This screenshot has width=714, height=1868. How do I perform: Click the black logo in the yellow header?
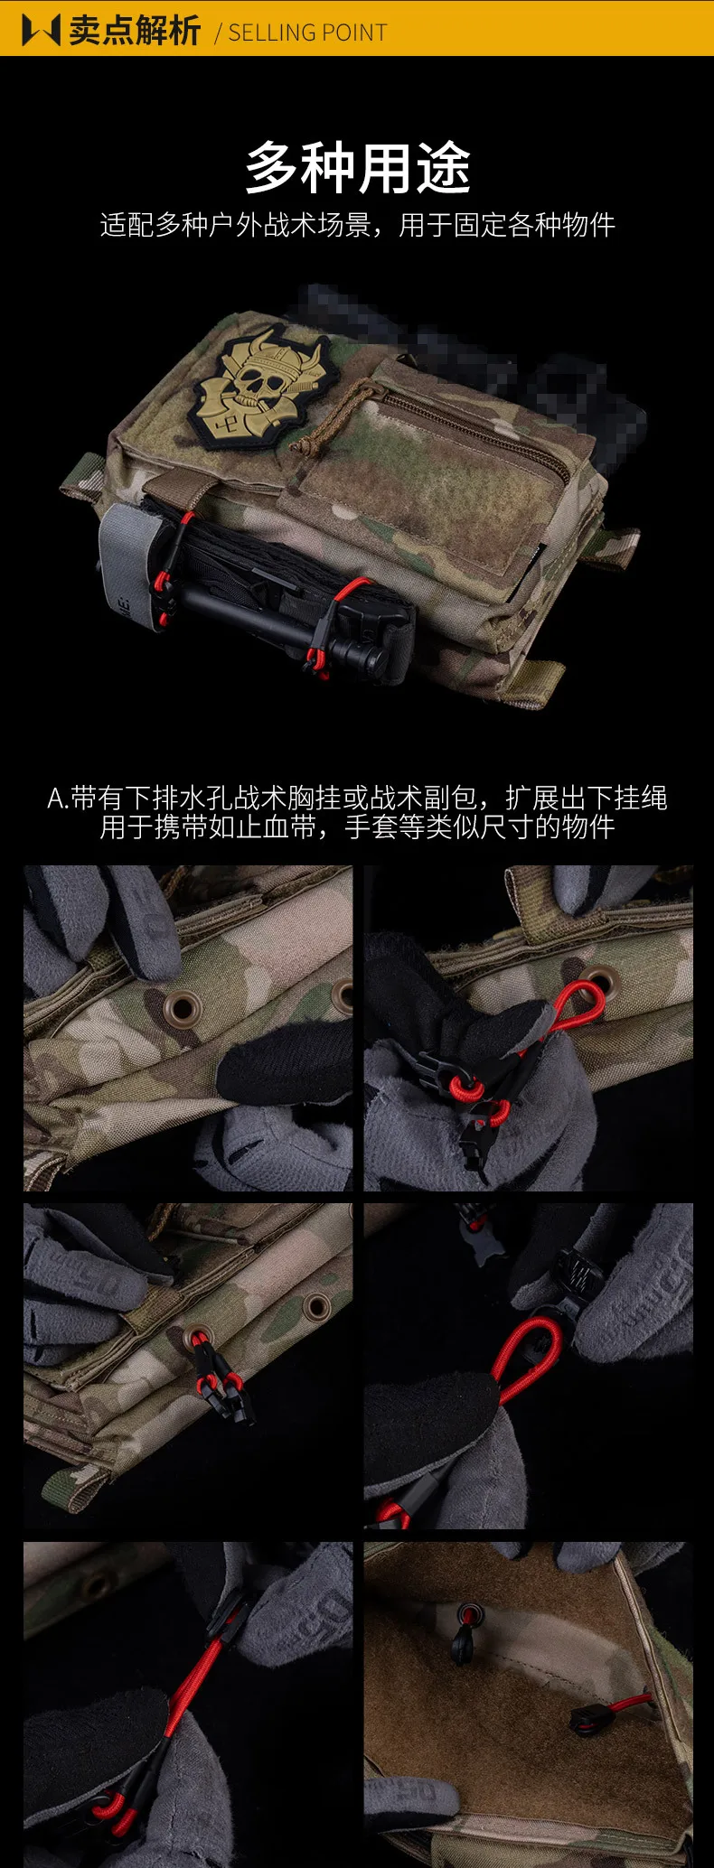click(42, 30)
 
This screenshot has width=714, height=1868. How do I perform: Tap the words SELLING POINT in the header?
click(307, 33)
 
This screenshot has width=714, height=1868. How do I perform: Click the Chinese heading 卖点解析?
click(135, 31)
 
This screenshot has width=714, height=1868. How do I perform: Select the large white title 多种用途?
click(358, 168)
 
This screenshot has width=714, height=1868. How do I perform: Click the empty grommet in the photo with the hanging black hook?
click(317, 1306)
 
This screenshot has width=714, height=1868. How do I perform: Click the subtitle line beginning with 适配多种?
click(358, 225)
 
